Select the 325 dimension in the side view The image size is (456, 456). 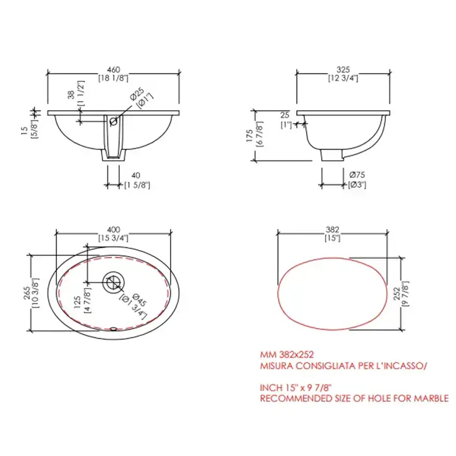pos(345,69)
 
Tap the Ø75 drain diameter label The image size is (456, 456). pos(357,175)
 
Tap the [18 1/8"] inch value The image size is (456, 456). pos(115,78)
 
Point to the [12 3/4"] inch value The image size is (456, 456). pos(345,78)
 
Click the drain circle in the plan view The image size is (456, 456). pos(113,282)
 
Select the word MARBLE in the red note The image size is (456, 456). pos(430,397)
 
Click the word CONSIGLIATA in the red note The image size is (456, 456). pos(319,366)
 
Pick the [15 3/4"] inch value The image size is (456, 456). pos(115,238)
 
